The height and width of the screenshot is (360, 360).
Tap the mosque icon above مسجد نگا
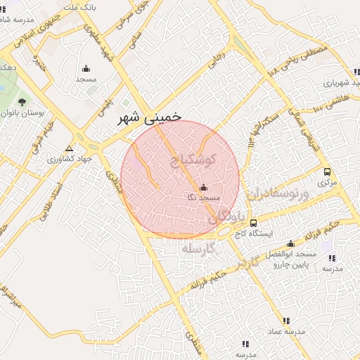204,188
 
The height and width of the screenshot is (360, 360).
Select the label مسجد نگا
201,198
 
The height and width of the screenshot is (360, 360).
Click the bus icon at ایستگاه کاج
253,223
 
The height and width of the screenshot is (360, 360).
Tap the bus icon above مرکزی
327,172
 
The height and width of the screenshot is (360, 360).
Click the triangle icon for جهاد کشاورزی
69,148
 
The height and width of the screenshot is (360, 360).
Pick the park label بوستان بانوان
22,112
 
